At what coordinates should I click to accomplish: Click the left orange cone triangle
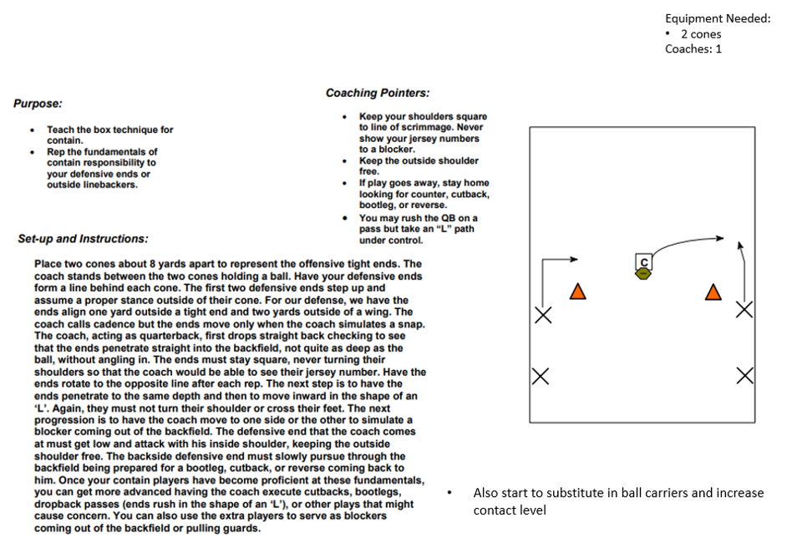coord(576,292)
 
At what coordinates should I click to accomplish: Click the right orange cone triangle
coord(713,292)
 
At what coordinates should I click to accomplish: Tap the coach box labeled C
coord(644,261)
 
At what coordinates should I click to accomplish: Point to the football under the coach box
coord(643,273)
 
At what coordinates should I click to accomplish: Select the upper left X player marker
coord(543,315)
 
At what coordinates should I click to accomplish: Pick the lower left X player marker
coord(541,376)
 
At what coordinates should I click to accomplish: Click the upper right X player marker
coord(744,310)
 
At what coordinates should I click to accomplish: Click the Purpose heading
coord(38,104)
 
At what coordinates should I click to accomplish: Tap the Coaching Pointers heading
coord(378,93)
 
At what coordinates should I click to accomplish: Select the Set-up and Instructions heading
coord(83,239)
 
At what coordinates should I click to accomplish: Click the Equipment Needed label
coord(718,18)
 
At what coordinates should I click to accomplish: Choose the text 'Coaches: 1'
coord(693,48)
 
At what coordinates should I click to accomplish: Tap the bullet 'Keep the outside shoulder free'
coord(419,165)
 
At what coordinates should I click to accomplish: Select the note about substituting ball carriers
coord(618,501)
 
